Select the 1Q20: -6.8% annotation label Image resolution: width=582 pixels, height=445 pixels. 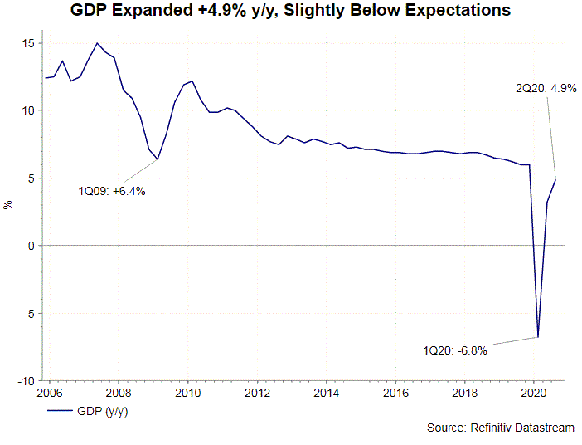coord(453,350)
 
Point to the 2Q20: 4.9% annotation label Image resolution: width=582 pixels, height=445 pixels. coord(546,87)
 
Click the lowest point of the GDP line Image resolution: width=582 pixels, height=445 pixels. coord(538,337)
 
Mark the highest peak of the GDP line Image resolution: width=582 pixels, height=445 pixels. coord(98,43)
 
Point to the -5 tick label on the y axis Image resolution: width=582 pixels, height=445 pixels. coord(28,314)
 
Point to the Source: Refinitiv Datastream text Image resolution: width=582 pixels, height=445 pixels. coord(501,427)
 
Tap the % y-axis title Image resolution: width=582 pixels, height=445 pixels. coord(7,205)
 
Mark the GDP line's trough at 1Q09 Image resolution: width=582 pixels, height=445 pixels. coord(158,159)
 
